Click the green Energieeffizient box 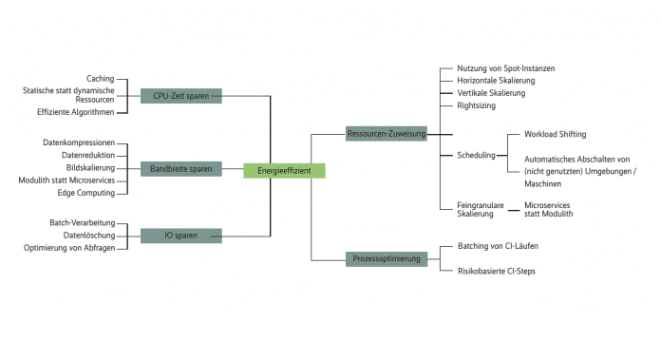pyautogui.click(x=284, y=171)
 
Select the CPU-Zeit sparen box pyautogui.click(x=180, y=96)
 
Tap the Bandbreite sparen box pyautogui.click(x=180, y=169)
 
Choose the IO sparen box pyautogui.click(x=180, y=236)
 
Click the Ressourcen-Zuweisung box pyautogui.click(x=387, y=134)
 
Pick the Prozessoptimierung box pyautogui.click(x=387, y=258)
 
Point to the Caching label pyautogui.click(x=100, y=79)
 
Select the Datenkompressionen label pyautogui.click(x=79, y=142)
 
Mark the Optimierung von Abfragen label pyautogui.click(x=69, y=248)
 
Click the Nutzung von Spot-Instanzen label pyautogui.click(x=505, y=68)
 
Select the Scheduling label pyautogui.click(x=476, y=155)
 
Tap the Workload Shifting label pyautogui.click(x=555, y=135)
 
